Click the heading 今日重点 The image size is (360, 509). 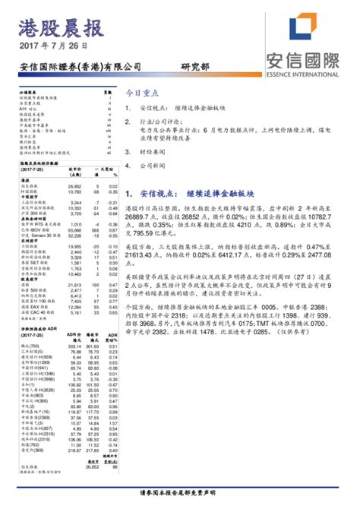(142, 92)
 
